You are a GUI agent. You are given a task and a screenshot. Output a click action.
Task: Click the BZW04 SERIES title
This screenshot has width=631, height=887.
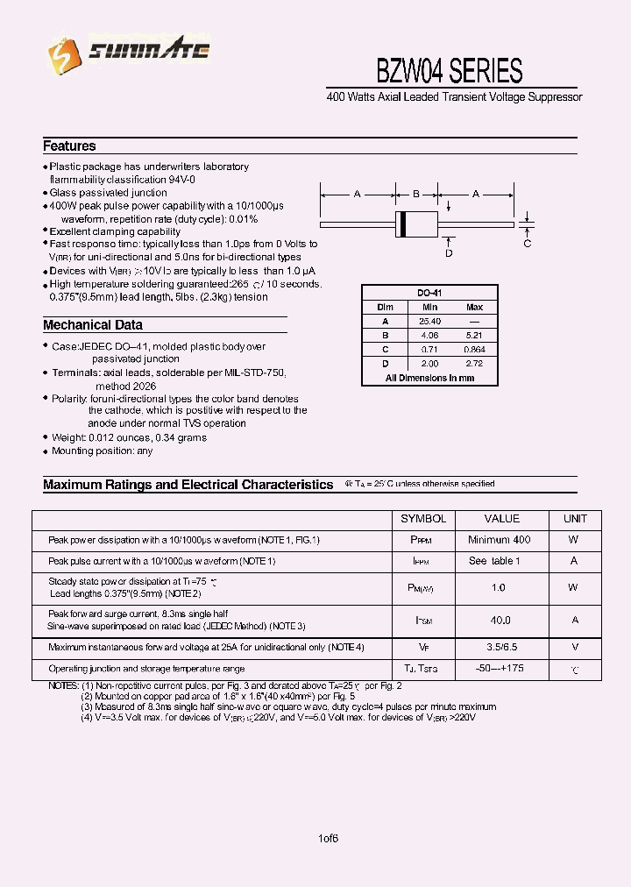pos(449,70)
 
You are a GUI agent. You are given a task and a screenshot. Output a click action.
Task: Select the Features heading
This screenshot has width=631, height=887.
pos(69,146)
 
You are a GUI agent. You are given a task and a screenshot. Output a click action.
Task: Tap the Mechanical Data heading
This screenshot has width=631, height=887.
pos(93,325)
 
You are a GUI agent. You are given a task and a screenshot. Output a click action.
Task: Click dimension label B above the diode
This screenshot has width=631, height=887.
pos(416,195)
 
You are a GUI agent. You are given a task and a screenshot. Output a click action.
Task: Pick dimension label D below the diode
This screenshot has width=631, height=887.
pos(448,253)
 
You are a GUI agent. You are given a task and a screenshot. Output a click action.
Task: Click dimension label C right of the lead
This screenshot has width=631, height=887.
pos(528,243)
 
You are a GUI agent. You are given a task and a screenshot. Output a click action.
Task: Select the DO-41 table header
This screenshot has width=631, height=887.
pos(429,293)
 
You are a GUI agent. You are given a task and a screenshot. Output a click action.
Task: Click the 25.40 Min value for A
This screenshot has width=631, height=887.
pos(429,322)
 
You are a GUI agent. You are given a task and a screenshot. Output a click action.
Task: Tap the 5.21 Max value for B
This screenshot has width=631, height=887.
pos(474,336)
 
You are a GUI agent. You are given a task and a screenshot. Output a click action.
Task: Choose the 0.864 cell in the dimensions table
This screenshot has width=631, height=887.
pos(474,350)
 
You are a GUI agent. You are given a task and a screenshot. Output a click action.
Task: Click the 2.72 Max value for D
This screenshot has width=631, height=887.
pos(474,363)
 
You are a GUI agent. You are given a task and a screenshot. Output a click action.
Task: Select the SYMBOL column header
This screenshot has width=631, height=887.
pos(424,519)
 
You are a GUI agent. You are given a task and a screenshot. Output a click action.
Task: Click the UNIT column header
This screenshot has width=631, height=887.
pos(575,519)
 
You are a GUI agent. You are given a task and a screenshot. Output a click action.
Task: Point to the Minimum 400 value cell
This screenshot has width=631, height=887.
pos(500,540)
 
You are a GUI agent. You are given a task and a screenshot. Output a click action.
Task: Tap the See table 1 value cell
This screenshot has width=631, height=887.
pos(500,561)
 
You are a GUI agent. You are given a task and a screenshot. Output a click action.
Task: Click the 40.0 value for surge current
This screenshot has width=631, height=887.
pos(500,620)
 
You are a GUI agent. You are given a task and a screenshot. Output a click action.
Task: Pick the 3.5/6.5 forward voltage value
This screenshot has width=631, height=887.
pos(500,648)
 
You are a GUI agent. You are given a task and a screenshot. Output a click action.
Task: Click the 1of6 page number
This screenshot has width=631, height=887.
pos(330,837)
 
